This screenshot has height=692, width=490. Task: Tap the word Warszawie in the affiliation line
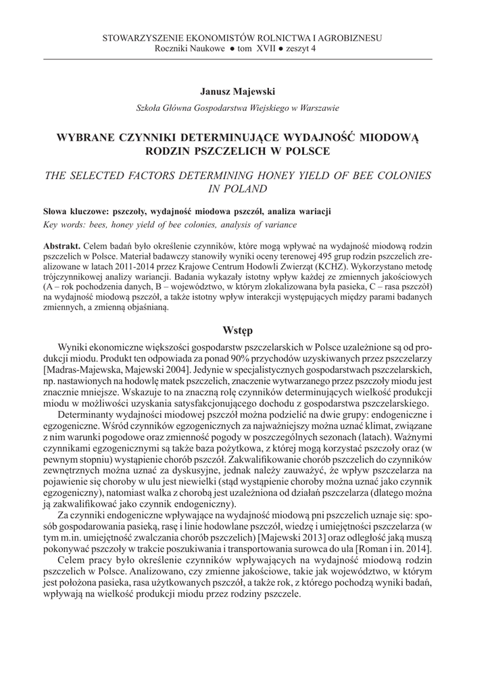[317, 107]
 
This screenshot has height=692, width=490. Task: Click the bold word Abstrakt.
[62, 245]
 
